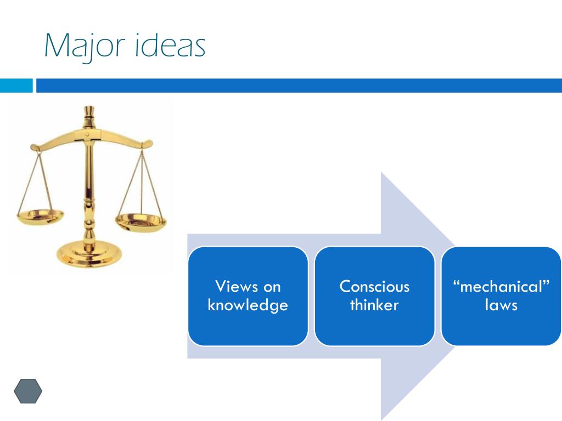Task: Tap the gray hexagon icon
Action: point(28,391)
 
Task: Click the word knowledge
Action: point(248,305)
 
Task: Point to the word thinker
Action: point(374,305)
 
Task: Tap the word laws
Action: point(501,305)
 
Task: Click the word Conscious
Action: point(374,286)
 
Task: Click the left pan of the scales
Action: point(40,214)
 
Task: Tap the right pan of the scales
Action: point(140,220)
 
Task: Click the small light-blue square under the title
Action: point(16,86)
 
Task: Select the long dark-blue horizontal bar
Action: point(299,86)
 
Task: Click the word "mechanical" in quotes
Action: point(501,286)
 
